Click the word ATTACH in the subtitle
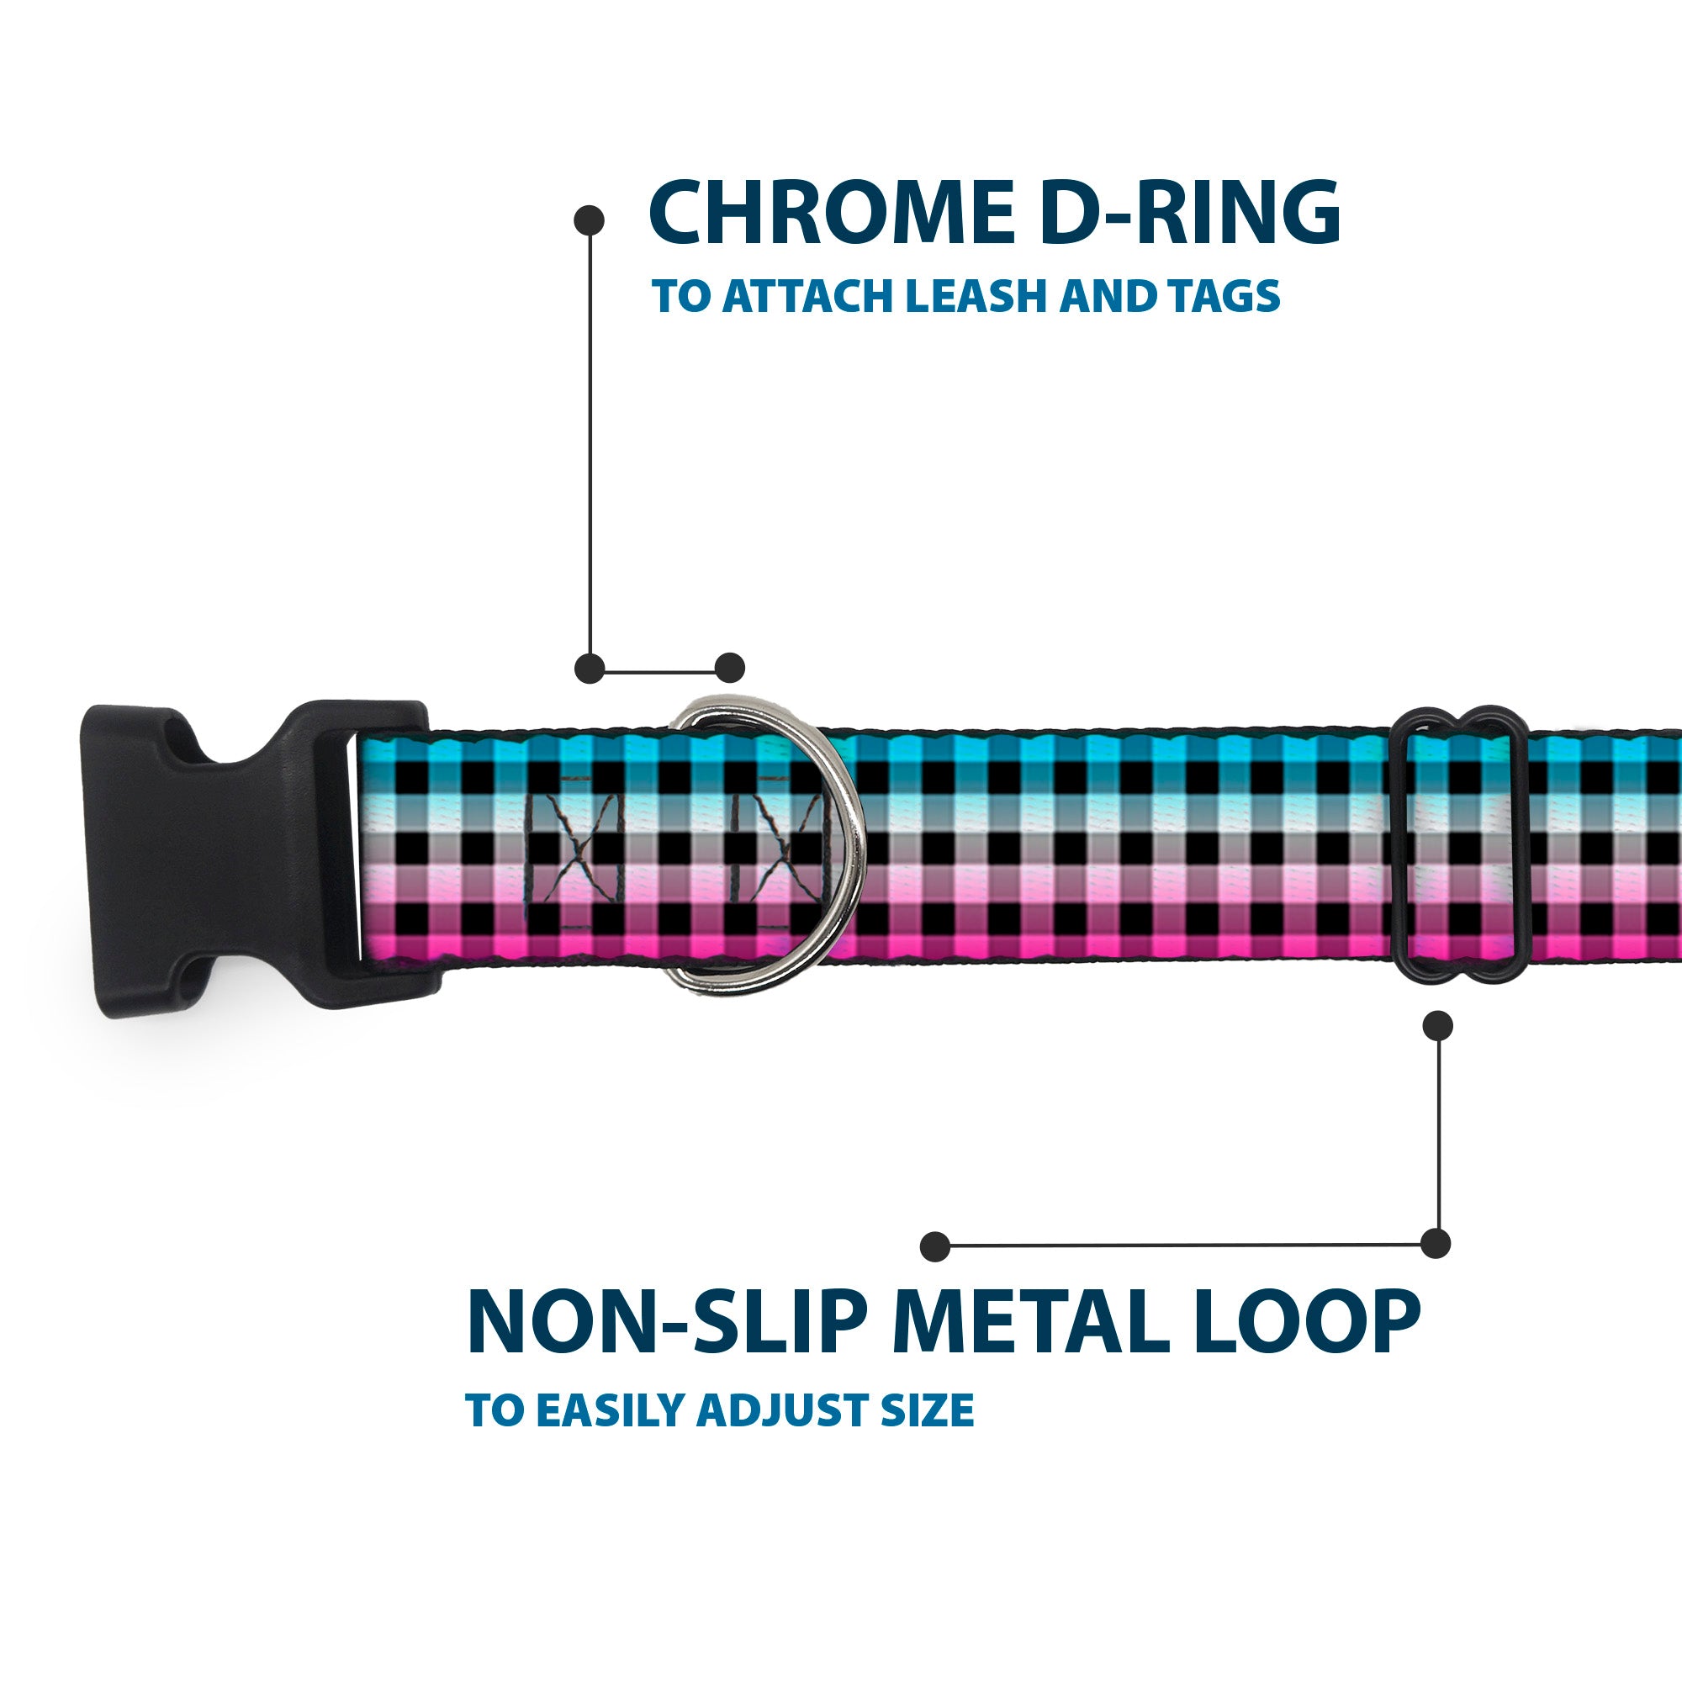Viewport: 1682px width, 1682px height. pos(809,296)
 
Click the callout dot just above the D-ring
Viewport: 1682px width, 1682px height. pos(729,668)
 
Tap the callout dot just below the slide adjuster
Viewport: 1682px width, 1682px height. pos(1437,1025)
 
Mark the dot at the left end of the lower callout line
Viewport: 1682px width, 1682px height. pos(934,1246)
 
